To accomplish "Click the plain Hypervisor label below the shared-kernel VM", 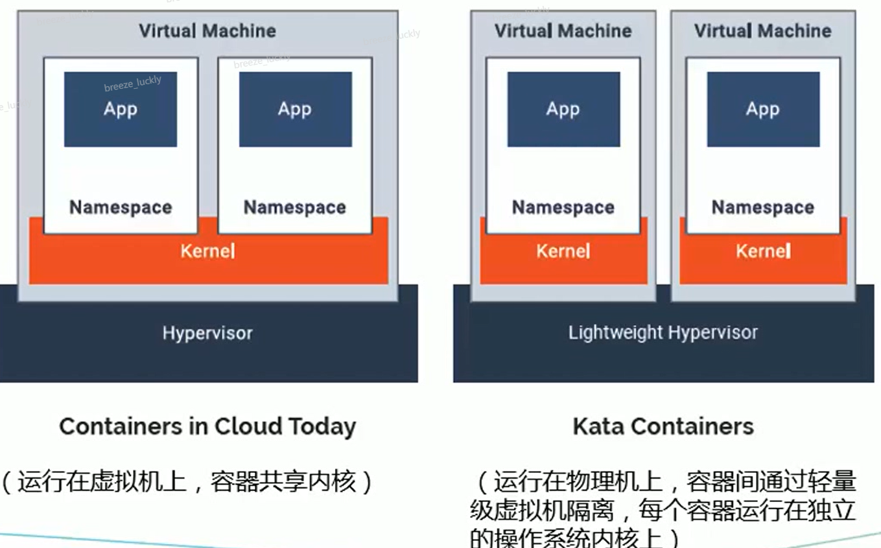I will point(207,334).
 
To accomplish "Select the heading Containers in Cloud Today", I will point(207,427).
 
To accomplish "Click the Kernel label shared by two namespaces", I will point(207,251).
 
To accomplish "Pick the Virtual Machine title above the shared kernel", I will point(207,30).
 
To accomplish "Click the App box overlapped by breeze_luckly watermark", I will point(121,109).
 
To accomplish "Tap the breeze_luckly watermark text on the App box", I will point(133,84).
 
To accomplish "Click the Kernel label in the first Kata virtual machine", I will point(563,251).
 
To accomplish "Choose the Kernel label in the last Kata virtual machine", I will point(763,251).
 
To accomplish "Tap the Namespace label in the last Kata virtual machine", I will point(763,207).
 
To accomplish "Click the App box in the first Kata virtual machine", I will point(563,109).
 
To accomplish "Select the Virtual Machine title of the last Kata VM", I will point(763,30).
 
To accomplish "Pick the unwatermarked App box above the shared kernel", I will point(295,109).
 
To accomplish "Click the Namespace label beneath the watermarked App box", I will point(121,207).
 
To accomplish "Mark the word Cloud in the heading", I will point(249,427).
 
